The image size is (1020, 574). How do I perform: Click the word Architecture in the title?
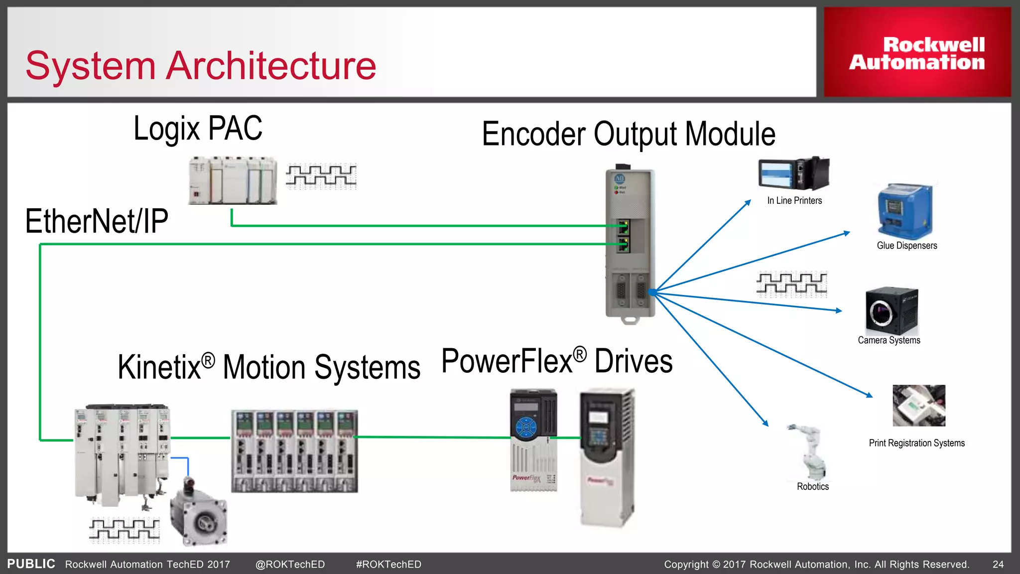[x=270, y=66]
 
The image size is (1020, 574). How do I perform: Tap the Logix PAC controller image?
[x=232, y=180]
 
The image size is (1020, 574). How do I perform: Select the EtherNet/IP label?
[x=97, y=222]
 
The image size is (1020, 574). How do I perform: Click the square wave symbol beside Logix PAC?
[x=321, y=176]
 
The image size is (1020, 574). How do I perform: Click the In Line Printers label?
[x=794, y=200]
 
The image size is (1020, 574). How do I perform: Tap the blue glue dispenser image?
[x=905, y=211]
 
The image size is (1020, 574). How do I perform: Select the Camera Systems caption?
[x=889, y=340]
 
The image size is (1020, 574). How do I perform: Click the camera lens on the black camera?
[x=881, y=312]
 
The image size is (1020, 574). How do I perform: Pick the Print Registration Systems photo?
[x=918, y=405]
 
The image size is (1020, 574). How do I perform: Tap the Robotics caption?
[x=812, y=486]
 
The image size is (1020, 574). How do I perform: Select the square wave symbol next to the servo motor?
[x=125, y=530]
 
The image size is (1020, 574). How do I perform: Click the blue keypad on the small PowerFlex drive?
[x=526, y=427]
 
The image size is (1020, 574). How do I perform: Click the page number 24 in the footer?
[x=998, y=564]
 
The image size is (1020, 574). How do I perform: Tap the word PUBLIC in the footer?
[x=31, y=564]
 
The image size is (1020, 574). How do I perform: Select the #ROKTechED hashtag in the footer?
[x=388, y=564]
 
